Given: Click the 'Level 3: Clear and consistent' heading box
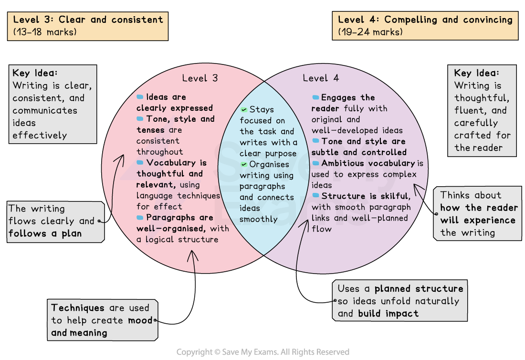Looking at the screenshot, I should (88, 26).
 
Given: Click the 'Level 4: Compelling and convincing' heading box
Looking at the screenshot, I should (425, 26).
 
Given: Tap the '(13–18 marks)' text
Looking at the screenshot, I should (45, 32).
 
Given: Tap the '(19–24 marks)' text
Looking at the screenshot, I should (370, 32).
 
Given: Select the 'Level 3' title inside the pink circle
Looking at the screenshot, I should (200, 78).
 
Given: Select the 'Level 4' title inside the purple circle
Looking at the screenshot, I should (321, 78).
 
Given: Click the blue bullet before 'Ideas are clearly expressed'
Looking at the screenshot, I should (140, 97).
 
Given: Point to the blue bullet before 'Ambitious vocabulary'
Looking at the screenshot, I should (315, 163).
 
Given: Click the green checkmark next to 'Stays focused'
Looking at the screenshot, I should (244, 109).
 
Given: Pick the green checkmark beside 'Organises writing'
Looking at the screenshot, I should (244, 164).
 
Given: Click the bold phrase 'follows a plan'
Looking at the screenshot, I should (45, 233).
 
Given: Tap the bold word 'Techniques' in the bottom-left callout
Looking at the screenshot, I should (78, 308).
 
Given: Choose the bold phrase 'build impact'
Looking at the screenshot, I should (388, 314).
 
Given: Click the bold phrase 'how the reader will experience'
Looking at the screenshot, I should (478, 214).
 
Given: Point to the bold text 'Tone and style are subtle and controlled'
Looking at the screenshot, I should (359, 147).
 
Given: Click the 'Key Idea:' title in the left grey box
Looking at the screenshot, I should (35, 74).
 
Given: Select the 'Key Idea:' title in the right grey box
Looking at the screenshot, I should (476, 73).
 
